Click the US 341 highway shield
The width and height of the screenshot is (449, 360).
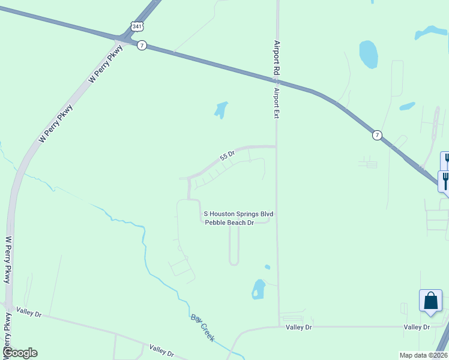pyautogui.click(x=137, y=27)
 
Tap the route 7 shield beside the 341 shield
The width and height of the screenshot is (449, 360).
pyautogui.click(x=142, y=46)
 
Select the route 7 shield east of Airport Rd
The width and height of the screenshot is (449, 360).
pyautogui.click(x=376, y=135)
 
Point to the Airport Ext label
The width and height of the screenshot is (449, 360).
pyautogui.click(x=277, y=103)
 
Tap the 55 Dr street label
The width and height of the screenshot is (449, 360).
pyautogui.click(x=227, y=156)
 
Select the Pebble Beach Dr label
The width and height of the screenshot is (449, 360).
pyautogui.click(x=231, y=223)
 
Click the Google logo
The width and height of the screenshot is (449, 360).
pyautogui.click(x=20, y=353)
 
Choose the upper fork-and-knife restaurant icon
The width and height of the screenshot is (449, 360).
pyautogui.click(x=446, y=161)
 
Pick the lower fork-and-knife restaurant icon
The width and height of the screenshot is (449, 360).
pyautogui.click(x=445, y=181)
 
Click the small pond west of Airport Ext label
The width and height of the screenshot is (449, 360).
pyautogui.click(x=220, y=109)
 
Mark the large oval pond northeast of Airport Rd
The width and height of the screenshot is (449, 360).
pyautogui.click(x=368, y=54)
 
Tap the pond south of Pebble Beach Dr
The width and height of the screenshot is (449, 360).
pyautogui.click(x=259, y=289)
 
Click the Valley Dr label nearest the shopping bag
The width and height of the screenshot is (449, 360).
pyautogui.click(x=417, y=327)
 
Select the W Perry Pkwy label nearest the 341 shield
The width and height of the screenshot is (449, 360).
pyautogui.click(x=106, y=65)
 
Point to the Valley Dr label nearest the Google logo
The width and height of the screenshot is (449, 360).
pyautogui.click(x=29, y=313)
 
